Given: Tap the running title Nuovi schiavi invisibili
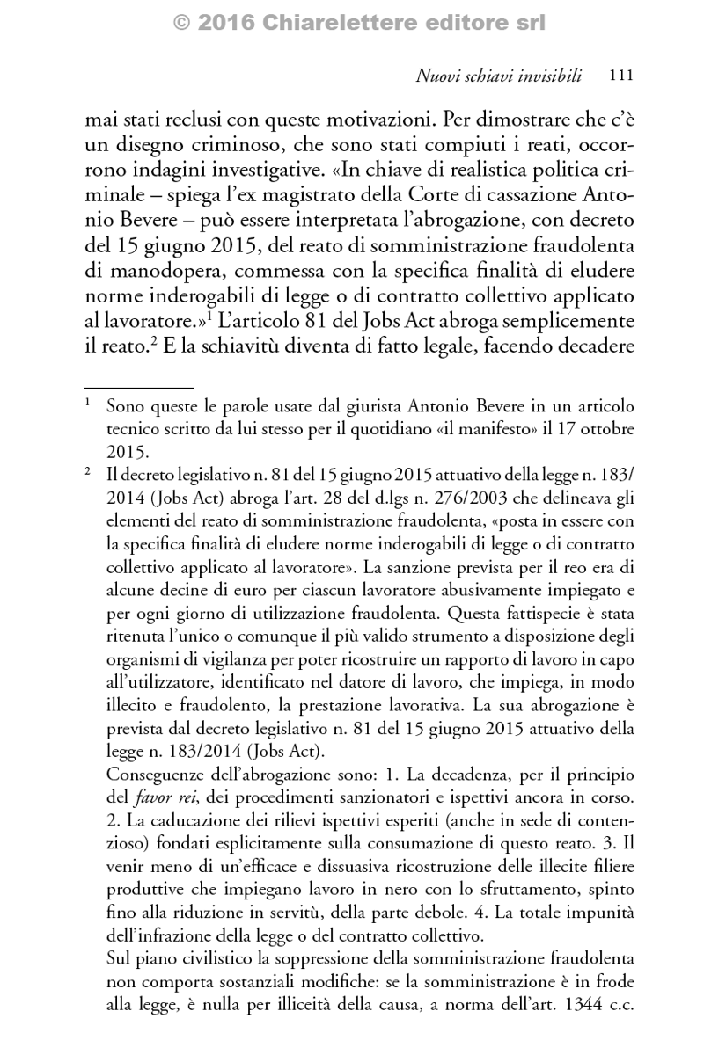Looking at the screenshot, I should [498, 76].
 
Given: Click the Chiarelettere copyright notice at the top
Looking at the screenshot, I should [352, 24].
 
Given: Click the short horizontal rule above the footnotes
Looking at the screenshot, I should [138, 387].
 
